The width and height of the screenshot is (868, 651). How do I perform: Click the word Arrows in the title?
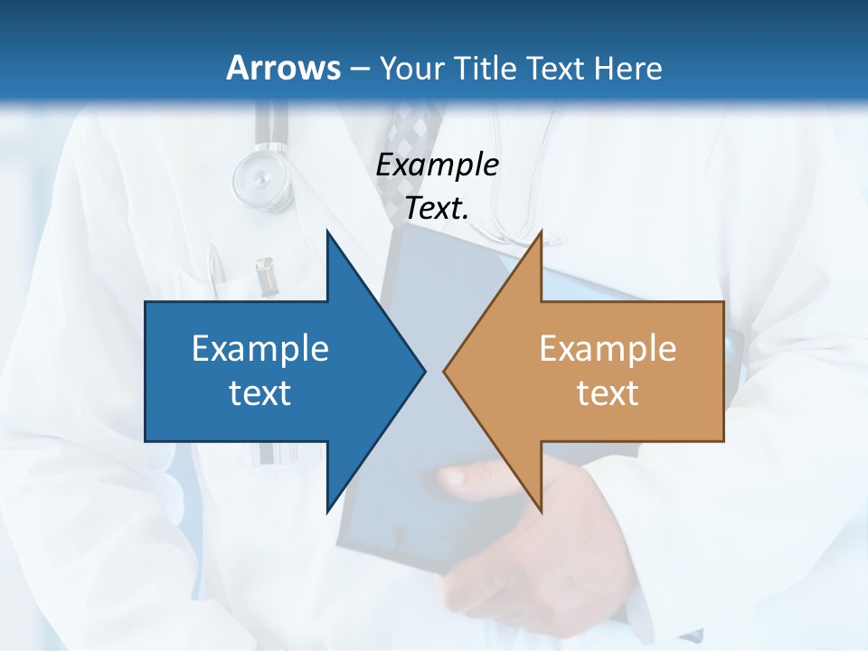tap(282, 68)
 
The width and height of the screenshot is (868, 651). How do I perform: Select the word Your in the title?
tap(410, 68)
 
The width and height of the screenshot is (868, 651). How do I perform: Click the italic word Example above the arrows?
tap(437, 165)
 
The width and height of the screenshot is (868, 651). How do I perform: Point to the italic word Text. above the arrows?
tap(437, 208)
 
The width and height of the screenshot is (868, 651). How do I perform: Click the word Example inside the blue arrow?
tap(260, 348)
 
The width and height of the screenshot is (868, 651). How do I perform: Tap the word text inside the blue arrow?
tap(260, 392)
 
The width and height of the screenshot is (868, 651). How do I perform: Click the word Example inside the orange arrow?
tap(608, 348)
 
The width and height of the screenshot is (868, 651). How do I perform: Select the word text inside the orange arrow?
tap(608, 392)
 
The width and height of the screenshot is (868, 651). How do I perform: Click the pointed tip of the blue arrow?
tap(423, 371)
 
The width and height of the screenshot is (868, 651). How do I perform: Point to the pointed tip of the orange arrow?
tap(446, 371)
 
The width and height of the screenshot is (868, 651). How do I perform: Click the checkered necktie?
tap(419, 127)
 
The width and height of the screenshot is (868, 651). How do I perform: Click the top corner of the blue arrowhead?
tap(327, 232)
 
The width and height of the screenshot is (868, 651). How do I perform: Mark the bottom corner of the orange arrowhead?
tap(541, 511)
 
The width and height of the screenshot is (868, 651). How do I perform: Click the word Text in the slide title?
tap(553, 68)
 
